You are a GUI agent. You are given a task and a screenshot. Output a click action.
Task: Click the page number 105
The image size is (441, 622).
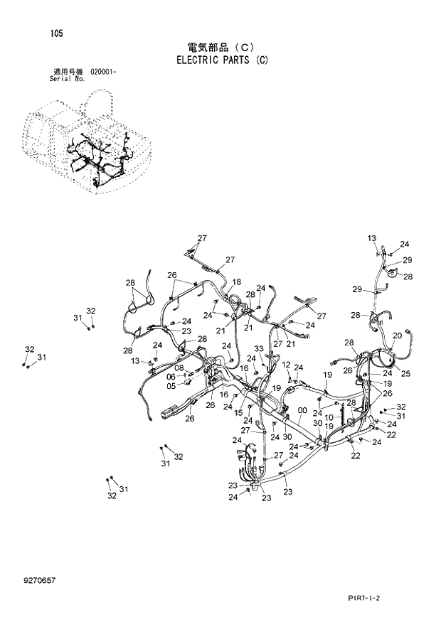[55, 33]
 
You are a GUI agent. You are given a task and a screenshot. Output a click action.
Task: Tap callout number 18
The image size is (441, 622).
[236, 281]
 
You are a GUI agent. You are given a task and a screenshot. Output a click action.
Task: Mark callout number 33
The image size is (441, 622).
[260, 348]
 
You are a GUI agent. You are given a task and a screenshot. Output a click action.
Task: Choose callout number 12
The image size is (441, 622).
[285, 365]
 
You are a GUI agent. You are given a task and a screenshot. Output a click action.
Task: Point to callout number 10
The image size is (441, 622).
[329, 417]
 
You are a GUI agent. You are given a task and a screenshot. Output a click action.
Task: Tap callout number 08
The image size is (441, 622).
[179, 368]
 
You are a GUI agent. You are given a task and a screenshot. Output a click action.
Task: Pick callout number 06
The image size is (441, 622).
[171, 377]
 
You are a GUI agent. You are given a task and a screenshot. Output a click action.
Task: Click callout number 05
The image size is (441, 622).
[171, 386]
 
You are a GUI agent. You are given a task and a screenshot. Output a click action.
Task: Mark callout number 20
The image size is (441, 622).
[397, 336]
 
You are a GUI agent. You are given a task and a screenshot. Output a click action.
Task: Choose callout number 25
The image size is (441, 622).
[405, 373]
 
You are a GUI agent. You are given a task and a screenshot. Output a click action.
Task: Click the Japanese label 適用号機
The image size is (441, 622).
[65, 72]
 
